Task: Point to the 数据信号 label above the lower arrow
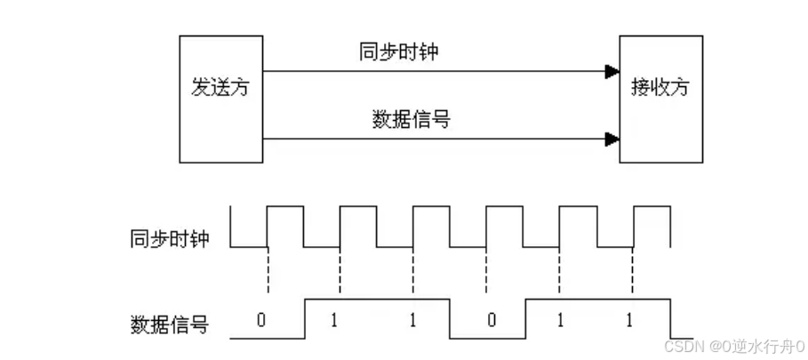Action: [x=409, y=119]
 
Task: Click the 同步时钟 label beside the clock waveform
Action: [x=169, y=239]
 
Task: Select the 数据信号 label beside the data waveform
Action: [x=169, y=324]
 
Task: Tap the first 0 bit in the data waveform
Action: [x=260, y=319]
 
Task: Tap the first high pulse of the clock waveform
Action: [x=285, y=207]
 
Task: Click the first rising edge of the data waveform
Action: [x=305, y=319]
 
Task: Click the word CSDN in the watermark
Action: [x=680, y=344]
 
